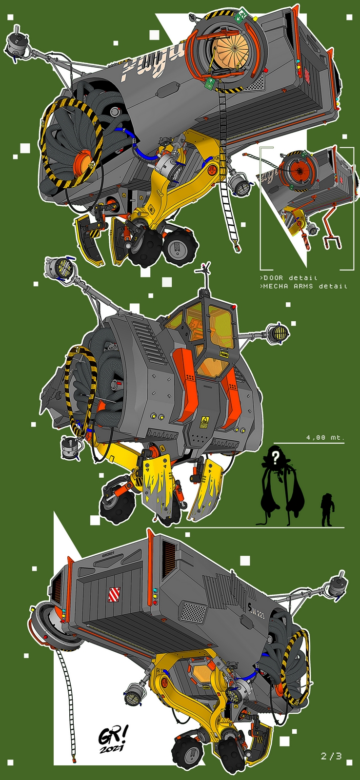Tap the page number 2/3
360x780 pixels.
[332, 756]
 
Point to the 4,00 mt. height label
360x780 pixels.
[325, 437]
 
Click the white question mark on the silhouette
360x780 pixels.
[276, 457]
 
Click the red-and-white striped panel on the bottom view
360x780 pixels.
[113, 594]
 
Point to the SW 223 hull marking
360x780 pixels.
[257, 609]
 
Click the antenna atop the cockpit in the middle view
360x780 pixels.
[204, 269]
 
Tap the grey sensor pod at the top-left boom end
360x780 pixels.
[18, 45]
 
